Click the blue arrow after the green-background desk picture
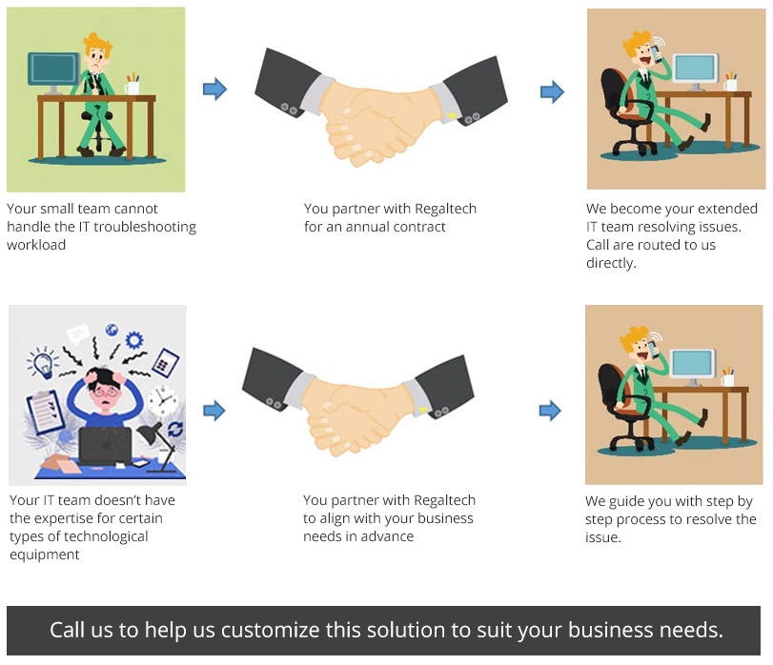tap(215, 90)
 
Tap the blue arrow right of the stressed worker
tap(214, 411)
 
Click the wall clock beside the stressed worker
tap(162, 401)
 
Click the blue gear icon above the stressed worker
tap(134, 340)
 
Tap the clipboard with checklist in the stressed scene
tap(45, 413)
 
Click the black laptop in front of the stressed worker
tap(105, 446)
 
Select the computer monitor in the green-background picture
tap(53, 72)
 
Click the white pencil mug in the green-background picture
tap(132, 88)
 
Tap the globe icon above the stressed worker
tap(112, 330)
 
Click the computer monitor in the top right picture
tap(696, 71)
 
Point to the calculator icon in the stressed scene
tap(165, 363)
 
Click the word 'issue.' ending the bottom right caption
tap(603, 537)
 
